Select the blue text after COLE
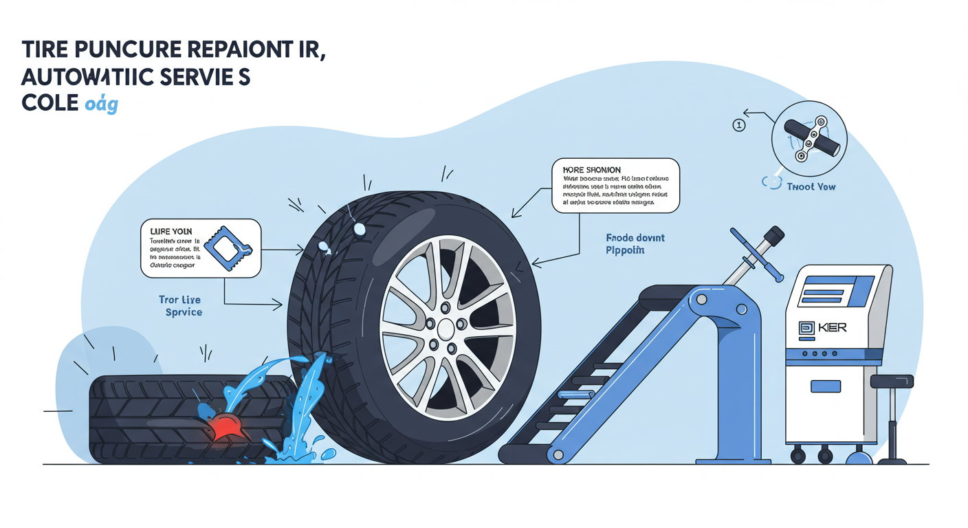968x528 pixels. (x=101, y=105)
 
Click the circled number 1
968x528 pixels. (x=739, y=125)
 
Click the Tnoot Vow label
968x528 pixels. (x=811, y=186)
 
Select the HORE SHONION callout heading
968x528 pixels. (x=592, y=170)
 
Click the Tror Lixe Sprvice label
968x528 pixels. (x=180, y=306)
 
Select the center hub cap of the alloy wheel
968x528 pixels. (x=445, y=327)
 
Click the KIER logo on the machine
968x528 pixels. (x=823, y=328)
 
